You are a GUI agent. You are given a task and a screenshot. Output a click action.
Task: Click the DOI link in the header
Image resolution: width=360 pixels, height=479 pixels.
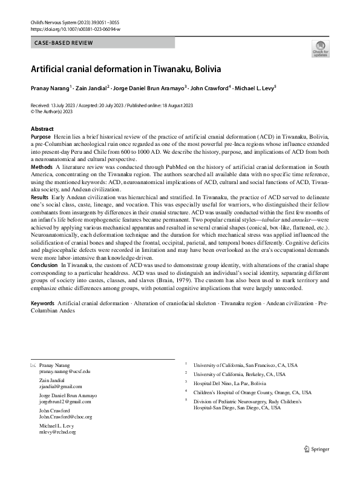pos(74,28)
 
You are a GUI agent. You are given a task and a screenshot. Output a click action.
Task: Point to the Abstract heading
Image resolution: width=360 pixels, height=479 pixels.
pos(42,129)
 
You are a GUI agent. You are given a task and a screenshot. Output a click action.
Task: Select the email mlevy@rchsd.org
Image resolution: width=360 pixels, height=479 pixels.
pos(57,432)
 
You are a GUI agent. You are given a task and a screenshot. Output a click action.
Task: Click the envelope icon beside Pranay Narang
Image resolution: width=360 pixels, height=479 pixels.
pos(33,365)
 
